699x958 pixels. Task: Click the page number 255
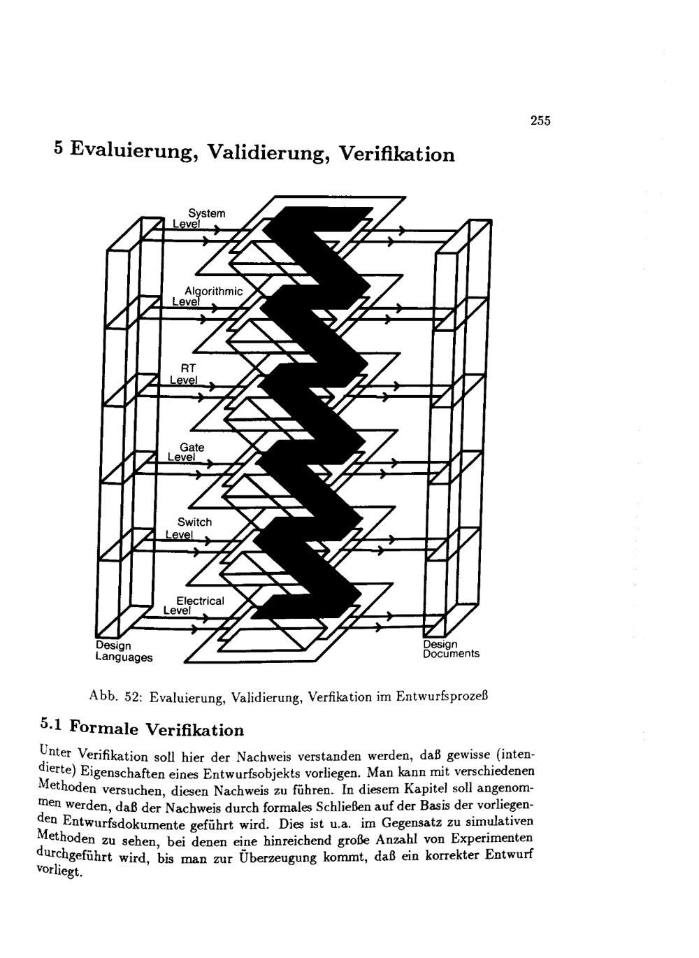tap(540, 121)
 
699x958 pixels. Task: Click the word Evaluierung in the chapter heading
tap(132, 151)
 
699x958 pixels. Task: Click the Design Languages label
tap(123, 651)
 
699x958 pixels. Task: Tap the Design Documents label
tap(450, 648)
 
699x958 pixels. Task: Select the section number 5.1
tap(52, 725)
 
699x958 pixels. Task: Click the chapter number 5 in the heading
tap(59, 148)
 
